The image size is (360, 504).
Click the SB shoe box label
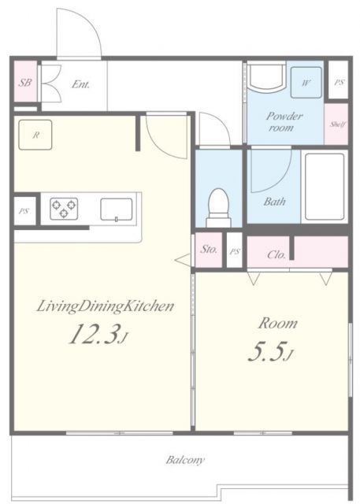(24, 82)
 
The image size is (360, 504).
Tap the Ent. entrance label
(80, 84)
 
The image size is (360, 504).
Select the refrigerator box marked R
(35, 135)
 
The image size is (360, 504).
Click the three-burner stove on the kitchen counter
(64, 209)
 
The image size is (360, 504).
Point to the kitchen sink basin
(117, 209)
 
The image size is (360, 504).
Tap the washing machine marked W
(306, 83)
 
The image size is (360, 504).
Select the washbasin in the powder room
(266, 77)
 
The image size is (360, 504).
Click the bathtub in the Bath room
(325, 187)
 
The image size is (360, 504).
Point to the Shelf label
(336, 124)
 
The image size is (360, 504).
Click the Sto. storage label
(209, 249)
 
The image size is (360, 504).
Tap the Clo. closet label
(276, 255)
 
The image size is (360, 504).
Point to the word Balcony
(185, 460)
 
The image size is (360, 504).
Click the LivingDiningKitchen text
(106, 306)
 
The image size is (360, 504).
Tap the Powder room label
(284, 122)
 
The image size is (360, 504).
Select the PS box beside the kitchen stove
(24, 211)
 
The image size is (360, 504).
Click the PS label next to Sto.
(235, 252)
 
